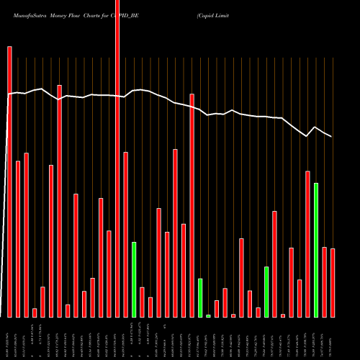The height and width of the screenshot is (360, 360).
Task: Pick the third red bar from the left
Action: [x=26, y=235]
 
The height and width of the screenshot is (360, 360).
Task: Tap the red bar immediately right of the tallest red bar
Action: [x=125, y=234]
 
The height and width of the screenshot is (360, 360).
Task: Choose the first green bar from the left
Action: [x=134, y=279]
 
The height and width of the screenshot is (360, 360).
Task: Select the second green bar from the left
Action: [x=200, y=297]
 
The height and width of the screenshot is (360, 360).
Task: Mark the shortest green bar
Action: [x=208, y=315]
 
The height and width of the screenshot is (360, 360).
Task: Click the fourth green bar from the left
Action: [x=266, y=292]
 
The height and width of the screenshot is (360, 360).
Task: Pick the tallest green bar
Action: [x=316, y=250]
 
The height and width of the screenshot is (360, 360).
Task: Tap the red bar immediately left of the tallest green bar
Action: [x=307, y=244]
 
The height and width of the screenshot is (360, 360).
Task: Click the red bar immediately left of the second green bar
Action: [x=192, y=205]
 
